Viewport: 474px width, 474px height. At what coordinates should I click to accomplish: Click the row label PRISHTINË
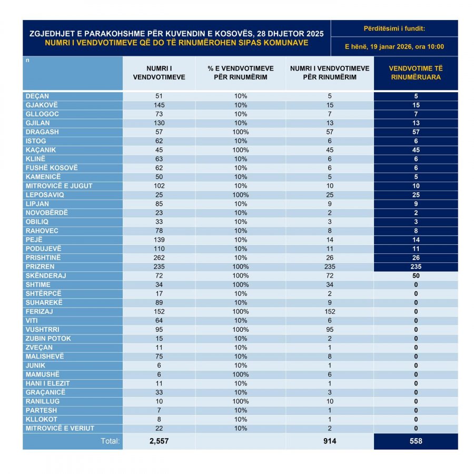coord(43,258)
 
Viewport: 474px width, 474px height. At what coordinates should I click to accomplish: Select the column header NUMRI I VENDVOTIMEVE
coord(159,73)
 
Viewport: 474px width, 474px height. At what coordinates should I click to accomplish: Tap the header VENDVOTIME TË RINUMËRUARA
coord(416,73)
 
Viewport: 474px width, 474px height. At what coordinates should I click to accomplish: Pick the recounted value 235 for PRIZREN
coord(416,266)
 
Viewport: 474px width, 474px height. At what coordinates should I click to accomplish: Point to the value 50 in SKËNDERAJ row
coord(416,275)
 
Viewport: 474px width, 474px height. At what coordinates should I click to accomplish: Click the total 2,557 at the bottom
coord(159,441)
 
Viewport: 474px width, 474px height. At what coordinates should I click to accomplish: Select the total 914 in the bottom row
coord(330,441)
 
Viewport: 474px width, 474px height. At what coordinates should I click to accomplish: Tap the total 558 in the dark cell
coord(416,441)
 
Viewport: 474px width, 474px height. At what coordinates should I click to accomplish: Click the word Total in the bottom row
coord(110,441)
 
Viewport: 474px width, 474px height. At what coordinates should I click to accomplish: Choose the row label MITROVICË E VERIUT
coord(60,428)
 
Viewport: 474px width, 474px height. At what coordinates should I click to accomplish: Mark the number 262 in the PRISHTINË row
coord(159,258)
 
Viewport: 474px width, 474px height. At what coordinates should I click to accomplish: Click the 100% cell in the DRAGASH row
coord(241,132)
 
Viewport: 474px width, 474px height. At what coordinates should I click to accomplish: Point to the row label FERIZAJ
coord(39,311)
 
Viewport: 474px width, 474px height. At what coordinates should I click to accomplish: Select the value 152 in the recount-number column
coord(330,311)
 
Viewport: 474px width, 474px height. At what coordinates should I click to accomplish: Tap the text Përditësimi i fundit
coord(394,28)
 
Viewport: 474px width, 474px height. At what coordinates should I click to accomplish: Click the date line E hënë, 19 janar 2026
coord(394,46)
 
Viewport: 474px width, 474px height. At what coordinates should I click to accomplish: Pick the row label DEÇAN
coord(37,96)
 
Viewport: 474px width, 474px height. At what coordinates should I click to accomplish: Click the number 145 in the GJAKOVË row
coord(159,105)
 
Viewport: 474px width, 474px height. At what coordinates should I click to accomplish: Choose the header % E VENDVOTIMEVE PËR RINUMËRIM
coord(241,73)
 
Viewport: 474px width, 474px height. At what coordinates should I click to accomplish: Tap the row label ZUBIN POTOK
coord(48,338)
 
